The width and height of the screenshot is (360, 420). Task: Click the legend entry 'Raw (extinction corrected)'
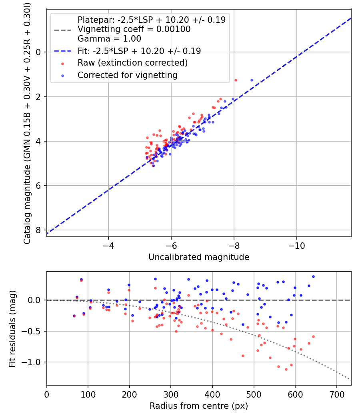tap(132, 63)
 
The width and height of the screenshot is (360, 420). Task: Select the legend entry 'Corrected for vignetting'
tap(127, 75)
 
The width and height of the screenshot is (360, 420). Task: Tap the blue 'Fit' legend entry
tap(139, 51)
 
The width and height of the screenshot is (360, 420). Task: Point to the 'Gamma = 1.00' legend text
tap(109, 39)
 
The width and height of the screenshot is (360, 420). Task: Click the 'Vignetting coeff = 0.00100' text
tap(134, 29)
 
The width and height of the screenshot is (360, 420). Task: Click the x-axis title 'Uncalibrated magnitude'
tap(199, 257)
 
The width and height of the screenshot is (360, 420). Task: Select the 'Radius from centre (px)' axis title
tap(199, 406)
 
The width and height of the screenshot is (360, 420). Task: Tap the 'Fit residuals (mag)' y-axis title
tap(12, 328)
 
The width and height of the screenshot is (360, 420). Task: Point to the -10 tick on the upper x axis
tap(296, 244)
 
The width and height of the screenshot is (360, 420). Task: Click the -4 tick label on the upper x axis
tap(108, 244)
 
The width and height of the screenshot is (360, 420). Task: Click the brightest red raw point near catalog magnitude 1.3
tap(236, 80)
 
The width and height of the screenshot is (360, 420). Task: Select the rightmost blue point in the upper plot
tap(252, 80)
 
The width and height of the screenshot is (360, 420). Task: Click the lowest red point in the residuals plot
tap(286, 369)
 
